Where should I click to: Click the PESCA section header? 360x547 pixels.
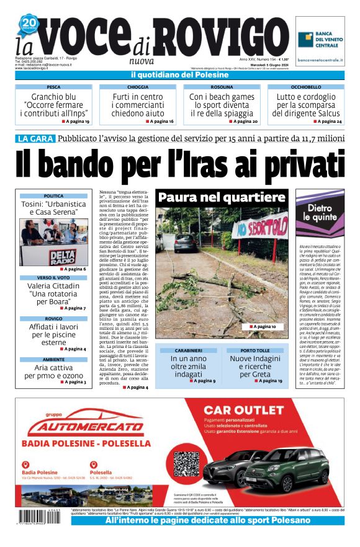pos(54,87)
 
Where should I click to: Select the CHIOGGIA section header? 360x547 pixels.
pos(138,87)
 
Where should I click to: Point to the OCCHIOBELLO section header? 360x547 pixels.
pos(306,87)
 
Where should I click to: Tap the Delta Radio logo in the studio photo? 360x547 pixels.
pos(63,256)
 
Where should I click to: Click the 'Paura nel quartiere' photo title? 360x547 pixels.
pos(221,198)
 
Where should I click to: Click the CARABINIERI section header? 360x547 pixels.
pos(188,350)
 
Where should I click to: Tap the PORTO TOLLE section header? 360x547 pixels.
pos(254,350)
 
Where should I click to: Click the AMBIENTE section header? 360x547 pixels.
pos(53,360)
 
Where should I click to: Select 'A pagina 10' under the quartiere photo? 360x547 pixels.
pos(267,326)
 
